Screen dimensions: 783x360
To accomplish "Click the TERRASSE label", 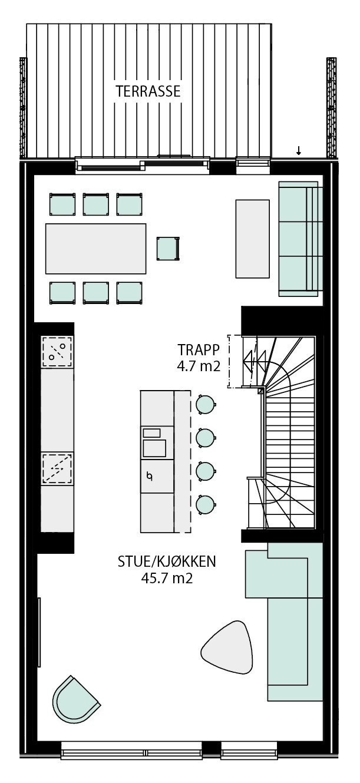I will [148, 91].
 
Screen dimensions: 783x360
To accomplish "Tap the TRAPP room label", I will [199, 348].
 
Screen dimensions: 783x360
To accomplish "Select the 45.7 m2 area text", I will [167, 578].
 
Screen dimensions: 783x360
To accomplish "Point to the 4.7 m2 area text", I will [198, 366].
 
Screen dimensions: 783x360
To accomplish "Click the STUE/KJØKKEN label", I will [167, 561].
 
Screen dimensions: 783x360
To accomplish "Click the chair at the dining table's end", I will [167, 248].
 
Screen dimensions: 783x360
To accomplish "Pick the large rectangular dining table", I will [96, 248].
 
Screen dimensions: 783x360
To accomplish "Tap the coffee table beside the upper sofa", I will [252, 238].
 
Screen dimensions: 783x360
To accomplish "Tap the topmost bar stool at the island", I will [204, 404].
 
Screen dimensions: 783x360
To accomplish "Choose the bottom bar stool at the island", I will [204, 504].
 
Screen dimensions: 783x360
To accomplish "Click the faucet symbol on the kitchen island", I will [150, 475].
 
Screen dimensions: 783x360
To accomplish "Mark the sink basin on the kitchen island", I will [154, 448].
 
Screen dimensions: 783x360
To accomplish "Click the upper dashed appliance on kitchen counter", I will [57, 352].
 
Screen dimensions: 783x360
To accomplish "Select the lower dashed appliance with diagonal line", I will [57, 468].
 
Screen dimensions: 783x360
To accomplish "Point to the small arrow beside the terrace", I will [299, 151].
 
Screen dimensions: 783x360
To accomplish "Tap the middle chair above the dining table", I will [96, 204].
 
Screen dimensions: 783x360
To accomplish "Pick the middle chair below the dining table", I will [96, 292].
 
